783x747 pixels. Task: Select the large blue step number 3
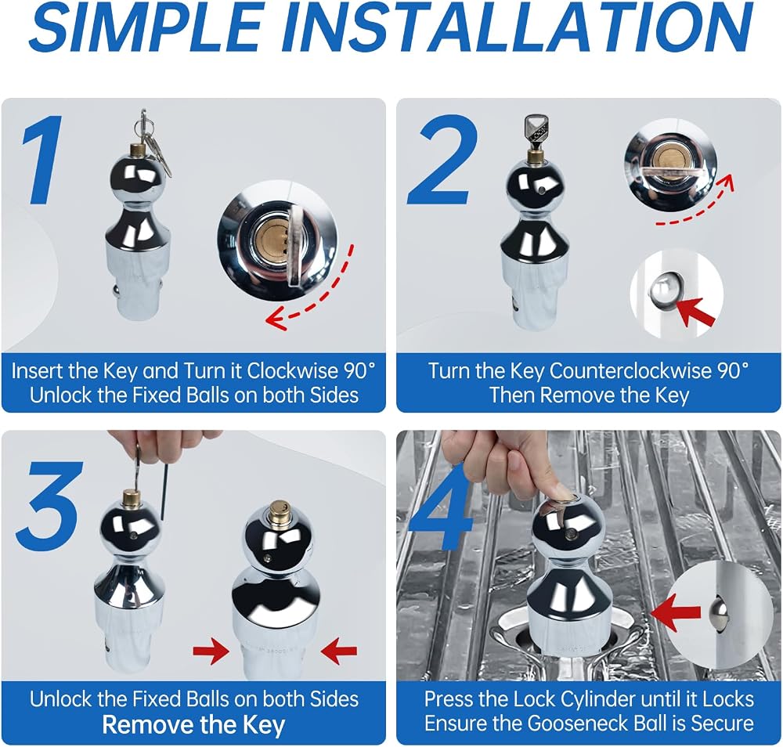pyautogui.click(x=49, y=504)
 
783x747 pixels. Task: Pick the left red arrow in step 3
pyautogui.click(x=211, y=651)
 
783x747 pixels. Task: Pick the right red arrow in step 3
pyautogui.click(x=339, y=651)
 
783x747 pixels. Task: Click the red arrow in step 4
pyautogui.click(x=677, y=612)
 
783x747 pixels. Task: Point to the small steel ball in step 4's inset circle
pyautogui.click(x=720, y=612)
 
